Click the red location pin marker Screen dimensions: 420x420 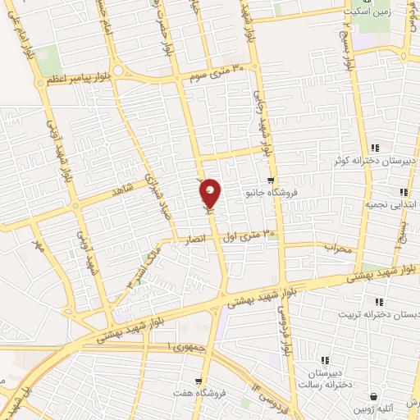click(x=211, y=193)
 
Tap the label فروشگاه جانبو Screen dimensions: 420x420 click(x=272, y=194)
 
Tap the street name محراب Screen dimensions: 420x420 click(x=337, y=246)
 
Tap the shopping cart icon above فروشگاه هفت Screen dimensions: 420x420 click(x=198, y=381)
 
